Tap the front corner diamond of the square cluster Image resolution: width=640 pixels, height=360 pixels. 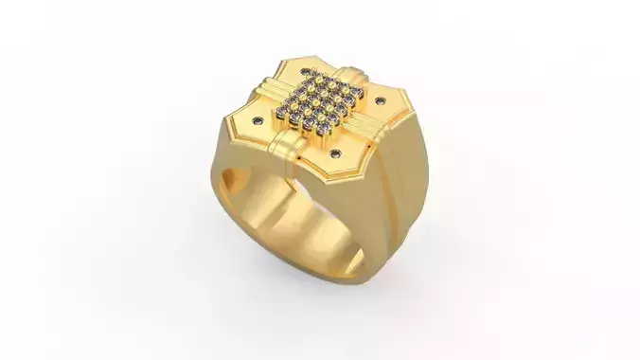pos(322,128)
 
